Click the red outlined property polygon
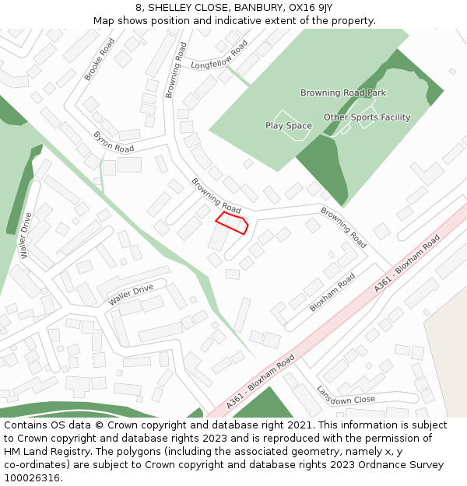[232, 223]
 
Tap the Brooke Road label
[100, 59]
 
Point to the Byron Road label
[114, 142]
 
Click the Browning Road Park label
[343, 93]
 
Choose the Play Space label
[288, 126]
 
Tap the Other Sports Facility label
[367, 117]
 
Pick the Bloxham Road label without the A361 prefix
[332, 292]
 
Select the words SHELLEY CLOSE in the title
[173, 7]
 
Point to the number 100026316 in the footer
[33, 478]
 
